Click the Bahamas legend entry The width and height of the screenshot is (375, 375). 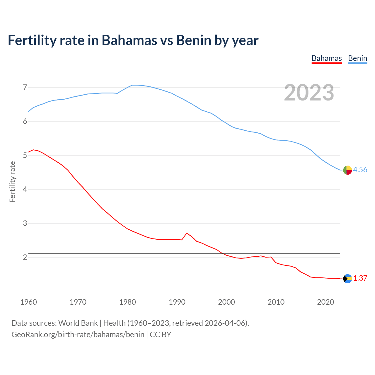point(327,58)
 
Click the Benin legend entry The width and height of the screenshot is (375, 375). point(357,58)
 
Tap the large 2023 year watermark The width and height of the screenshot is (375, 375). point(309,93)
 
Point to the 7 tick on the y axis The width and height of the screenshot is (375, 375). point(25,87)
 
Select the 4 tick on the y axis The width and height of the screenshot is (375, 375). point(25,189)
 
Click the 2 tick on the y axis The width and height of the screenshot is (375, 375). point(25,257)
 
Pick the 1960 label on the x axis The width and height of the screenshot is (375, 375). point(28,302)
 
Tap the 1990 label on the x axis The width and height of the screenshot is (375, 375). point(177,302)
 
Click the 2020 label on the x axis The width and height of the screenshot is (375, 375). point(325,302)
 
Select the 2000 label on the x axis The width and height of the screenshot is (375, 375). point(226,302)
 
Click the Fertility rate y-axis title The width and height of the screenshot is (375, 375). point(12,182)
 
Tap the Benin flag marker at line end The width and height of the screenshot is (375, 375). point(347,170)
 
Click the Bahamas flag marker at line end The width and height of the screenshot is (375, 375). point(347,279)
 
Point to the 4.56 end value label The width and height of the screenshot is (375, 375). point(360,170)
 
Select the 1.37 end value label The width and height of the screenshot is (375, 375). point(360,278)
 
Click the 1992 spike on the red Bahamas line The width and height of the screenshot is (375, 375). point(187,233)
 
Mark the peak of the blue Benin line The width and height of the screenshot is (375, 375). point(134,85)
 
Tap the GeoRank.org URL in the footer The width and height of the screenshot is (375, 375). point(78,335)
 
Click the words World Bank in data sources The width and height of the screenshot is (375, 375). point(78,323)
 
